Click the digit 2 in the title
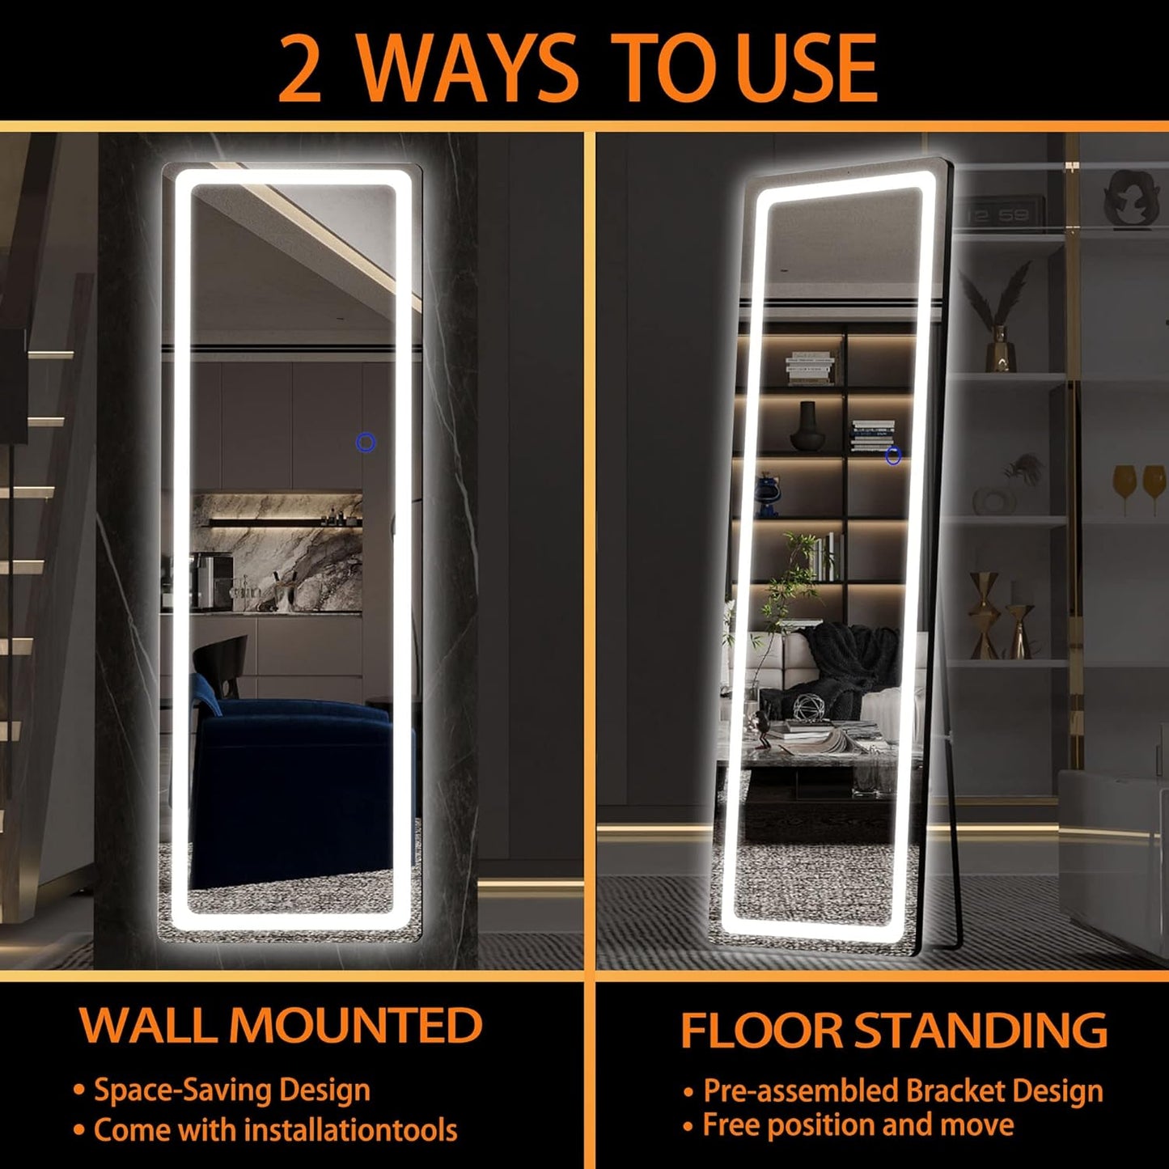pyautogui.click(x=301, y=70)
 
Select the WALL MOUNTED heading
pyautogui.click(x=281, y=1025)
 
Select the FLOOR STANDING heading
pyautogui.click(x=893, y=1030)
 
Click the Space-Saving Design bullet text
pyautogui.click(x=232, y=1090)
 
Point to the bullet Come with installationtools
pyautogui.click(x=275, y=1129)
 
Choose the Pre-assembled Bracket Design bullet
pyautogui.click(x=903, y=1091)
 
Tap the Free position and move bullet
pyautogui.click(x=858, y=1125)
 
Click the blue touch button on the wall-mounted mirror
pyautogui.click(x=366, y=443)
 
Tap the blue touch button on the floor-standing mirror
pyautogui.click(x=893, y=456)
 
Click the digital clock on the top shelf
pyautogui.click(x=999, y=214)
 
